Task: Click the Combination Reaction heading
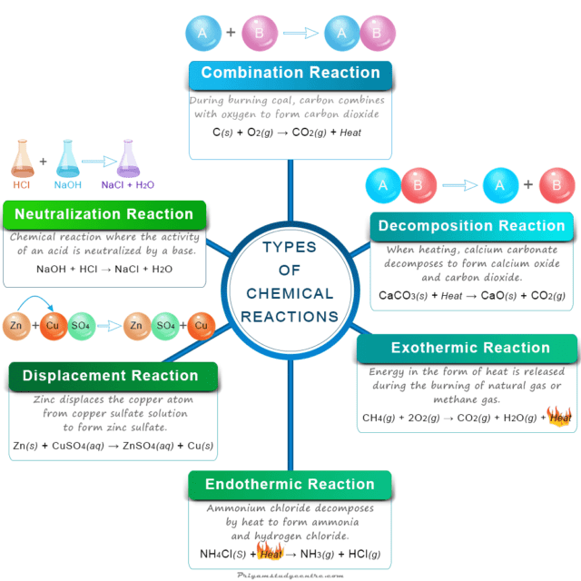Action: coord(290,73)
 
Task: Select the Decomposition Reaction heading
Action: coord(471,225)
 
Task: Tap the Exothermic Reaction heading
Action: coord(470,348)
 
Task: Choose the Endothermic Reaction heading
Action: coord(290,484)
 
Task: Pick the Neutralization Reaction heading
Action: coord(105,214)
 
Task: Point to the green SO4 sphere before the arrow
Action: coord(82,325)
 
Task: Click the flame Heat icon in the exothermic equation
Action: coord(561,418)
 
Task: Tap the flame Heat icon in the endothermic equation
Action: coord(270,553)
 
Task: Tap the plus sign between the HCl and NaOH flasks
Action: coord(44,162)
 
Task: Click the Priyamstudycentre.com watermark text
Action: coord(290,575)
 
